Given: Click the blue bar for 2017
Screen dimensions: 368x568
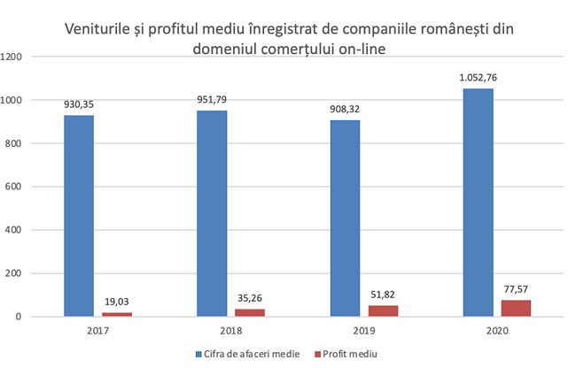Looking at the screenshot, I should pyautogui.click(x=79, y=216).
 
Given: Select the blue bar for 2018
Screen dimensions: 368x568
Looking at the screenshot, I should pyautogui.click(x=211, y=213).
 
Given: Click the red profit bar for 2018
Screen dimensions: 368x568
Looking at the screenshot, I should pyautogui.click(x=250, y=312).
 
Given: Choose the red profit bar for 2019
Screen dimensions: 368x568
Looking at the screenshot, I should pyautogui.click(x=383, y=310).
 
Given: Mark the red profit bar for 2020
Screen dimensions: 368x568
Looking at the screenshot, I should pyautogui.click(x=516, y=308).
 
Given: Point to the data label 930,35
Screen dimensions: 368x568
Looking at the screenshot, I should pyautogui.click(x=79, y=104).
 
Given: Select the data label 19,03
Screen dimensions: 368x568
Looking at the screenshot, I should pyautogui.click(x=117, y=302).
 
